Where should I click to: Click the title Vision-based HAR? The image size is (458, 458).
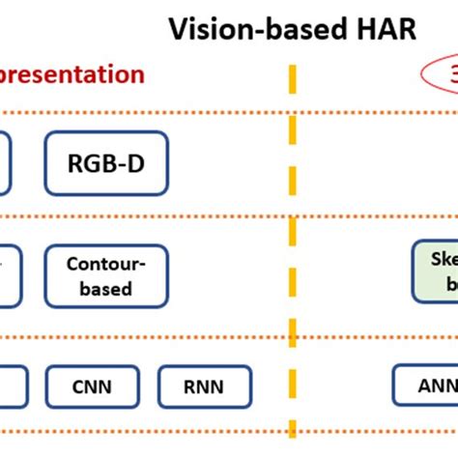tap(292, 28)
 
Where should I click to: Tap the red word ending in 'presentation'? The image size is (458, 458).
tap(72, 74)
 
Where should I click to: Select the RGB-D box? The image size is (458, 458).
tap(106, 163)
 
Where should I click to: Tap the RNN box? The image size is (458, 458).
tap(204, 386)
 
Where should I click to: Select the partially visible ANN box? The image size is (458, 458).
tap(425, 386)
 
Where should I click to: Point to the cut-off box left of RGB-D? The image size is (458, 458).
tap(5, 163)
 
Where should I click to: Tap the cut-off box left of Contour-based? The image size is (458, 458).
tap(5, 275)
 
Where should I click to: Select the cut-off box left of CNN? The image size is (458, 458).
tap(8, 386)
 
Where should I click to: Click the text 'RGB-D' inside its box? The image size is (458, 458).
tap(106, 163)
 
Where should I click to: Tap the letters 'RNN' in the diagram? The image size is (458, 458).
tap(204, 386)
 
